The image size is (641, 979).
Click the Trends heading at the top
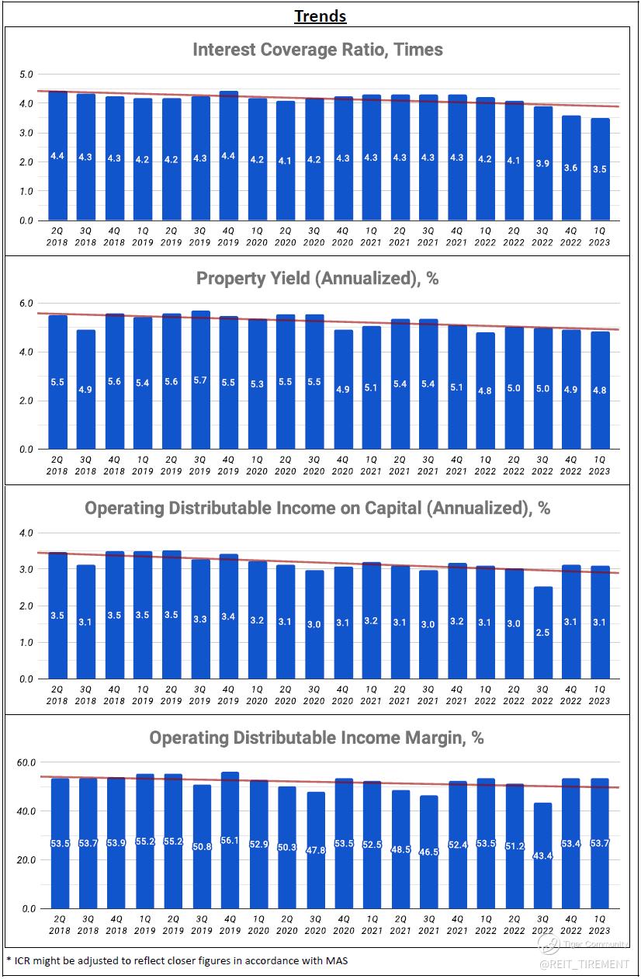point(320,16)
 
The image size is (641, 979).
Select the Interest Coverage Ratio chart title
point(317,50)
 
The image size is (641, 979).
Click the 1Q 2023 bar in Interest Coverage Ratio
point(599,169)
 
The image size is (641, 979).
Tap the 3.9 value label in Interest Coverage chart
point(542,163)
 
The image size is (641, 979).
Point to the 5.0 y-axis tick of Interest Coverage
point(26,75)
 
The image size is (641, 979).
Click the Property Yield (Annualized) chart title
point(317,278)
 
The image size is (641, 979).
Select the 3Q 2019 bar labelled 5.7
point(199,380)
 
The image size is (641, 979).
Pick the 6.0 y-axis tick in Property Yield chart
point(26,304)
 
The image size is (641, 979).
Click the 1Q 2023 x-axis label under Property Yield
point(599,465)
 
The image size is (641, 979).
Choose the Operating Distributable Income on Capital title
point(317,508)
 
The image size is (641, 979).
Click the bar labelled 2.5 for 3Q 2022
point(542,633)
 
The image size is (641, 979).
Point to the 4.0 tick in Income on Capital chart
point(26,533)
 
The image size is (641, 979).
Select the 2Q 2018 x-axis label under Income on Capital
point(57,695)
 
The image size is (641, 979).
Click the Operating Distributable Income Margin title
point(317,738)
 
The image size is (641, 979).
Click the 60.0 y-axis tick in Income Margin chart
point(26,762)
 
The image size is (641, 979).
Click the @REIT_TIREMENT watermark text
point(584,964)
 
